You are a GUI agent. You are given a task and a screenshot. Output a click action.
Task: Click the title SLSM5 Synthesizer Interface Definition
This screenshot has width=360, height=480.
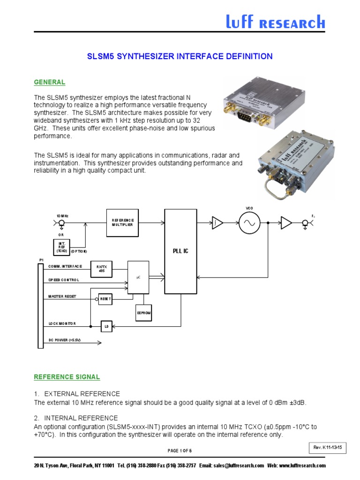180,56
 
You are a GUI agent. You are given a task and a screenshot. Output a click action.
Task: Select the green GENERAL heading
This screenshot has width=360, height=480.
49,82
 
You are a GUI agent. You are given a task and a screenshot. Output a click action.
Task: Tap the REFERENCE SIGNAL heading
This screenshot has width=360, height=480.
67,377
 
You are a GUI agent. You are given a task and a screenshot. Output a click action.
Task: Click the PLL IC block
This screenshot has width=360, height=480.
180,251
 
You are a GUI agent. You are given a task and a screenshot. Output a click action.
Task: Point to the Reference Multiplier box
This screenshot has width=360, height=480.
123,222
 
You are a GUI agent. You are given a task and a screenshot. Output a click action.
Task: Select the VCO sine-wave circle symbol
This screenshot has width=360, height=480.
249,223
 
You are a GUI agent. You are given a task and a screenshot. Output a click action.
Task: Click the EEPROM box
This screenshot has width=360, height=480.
144,312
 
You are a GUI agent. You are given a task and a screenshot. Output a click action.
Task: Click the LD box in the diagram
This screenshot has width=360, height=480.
106,326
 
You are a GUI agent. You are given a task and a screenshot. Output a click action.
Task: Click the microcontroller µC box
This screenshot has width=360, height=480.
138,277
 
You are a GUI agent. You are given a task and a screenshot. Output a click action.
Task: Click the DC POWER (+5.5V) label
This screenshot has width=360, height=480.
65,340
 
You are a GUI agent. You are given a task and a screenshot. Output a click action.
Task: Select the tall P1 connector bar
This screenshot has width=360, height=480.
40,306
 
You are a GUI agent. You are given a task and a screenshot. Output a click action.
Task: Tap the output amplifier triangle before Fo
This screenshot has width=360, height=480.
285,223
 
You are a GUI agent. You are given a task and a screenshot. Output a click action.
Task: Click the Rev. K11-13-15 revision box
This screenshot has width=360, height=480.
327,447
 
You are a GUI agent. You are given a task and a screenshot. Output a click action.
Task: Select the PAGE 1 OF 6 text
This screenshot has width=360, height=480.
180,450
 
